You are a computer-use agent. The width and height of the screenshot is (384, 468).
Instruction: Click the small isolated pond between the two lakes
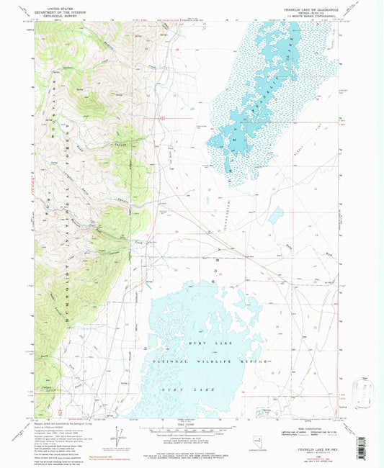(x=275, y=213)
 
